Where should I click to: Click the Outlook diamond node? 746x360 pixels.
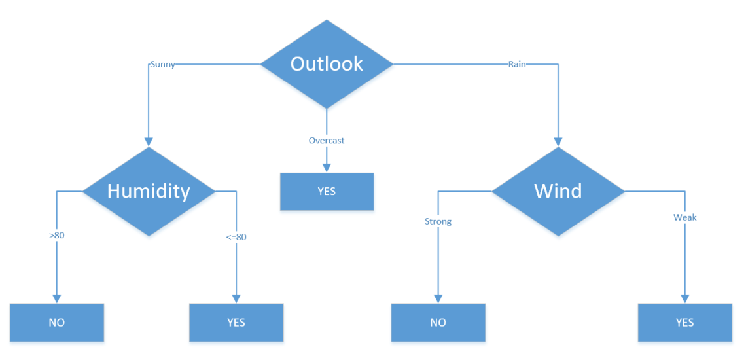point(327,63)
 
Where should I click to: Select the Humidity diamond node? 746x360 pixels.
point(149,191)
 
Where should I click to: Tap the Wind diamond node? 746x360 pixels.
point(558,191)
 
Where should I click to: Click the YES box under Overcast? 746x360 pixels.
point(327,191)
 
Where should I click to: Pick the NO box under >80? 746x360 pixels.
point(57,323)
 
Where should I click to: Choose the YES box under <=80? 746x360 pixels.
point(236,323)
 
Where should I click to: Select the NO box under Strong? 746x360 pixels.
point(438,323)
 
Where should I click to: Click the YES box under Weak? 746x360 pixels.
point(685,323)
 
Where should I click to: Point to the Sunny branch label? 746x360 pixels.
point(163,65)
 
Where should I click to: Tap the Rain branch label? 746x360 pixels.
point(517,64)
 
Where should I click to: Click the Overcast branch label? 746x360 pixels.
point(327,141)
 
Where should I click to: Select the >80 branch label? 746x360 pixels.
point(57,235)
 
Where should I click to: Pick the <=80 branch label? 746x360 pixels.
point(236,237)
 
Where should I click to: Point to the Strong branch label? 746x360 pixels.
point(438,221)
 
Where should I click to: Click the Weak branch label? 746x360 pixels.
point(685,217)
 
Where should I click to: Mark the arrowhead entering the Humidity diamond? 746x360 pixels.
point(149,142)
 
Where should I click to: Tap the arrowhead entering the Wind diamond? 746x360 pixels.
point(558,142)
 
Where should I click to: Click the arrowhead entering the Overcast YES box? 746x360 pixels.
point(327,168)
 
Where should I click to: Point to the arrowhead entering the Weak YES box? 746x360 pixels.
point(685,299)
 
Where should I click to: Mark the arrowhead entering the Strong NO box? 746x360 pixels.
point(438,299)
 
